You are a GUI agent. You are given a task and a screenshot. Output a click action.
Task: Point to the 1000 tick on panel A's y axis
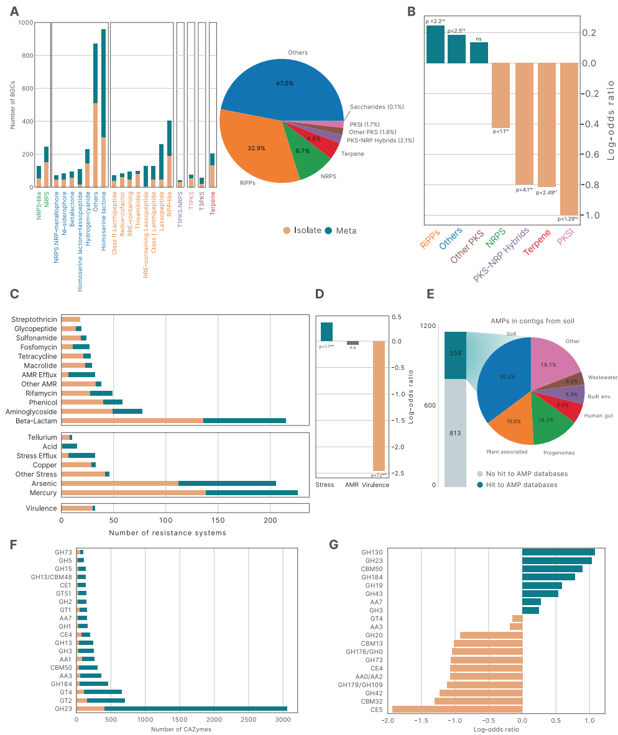click(26, 23)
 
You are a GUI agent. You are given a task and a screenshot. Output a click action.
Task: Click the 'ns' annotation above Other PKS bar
click(479, 39)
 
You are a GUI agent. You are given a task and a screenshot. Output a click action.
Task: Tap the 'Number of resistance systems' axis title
click(167, 532)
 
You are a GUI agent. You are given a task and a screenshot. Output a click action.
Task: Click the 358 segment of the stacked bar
click(455, 355)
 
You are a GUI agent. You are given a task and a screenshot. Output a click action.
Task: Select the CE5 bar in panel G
click(457, 709)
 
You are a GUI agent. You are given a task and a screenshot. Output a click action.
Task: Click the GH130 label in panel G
click(372, 552)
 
